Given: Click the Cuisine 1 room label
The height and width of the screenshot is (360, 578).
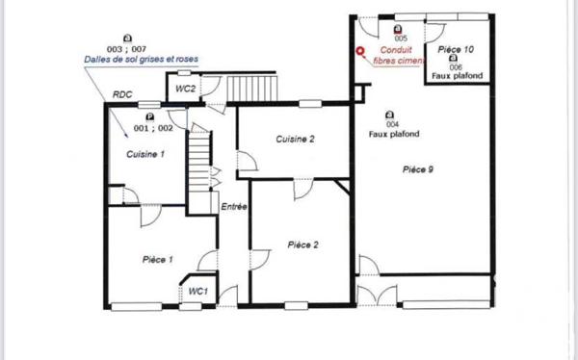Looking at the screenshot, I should (x=145, y=154).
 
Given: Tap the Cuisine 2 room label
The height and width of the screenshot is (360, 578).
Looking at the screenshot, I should (x=296, y=139).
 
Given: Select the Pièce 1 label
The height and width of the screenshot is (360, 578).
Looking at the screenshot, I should (x=157, y=259).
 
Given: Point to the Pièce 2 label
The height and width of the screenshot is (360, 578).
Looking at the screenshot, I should (x=303, y=244).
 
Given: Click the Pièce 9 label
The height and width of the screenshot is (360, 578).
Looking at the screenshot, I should (x=417, y=169).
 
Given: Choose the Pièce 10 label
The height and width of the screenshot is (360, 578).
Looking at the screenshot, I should (x=456, y=48).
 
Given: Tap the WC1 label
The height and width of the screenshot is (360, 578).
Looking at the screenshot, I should (x=197, y=291).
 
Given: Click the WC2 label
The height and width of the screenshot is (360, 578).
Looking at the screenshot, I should (x=186, y=89).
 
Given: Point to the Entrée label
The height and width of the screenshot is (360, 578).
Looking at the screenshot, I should (x=234, y=207).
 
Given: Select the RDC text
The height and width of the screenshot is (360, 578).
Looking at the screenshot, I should (x=122, y=94).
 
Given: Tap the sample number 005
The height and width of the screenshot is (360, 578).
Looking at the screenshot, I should (x=400, y=38).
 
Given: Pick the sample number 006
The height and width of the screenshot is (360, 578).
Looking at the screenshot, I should (x=456, y=66).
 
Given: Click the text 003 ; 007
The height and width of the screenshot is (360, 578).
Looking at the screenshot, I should (x=126, y=48).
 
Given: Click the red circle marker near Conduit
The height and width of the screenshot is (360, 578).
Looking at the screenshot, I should (x=360, y=53).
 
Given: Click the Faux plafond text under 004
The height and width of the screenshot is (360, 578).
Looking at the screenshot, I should (x=392, y=135).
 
